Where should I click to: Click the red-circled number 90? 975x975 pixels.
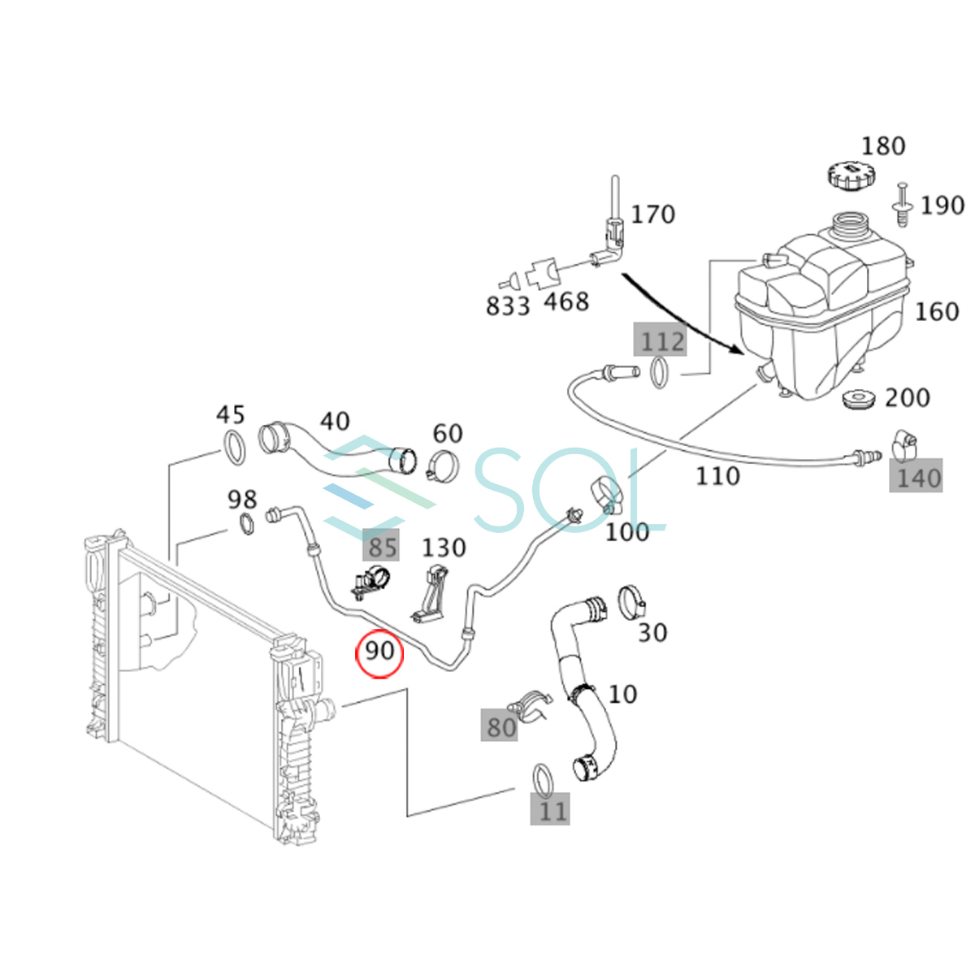(379, 652)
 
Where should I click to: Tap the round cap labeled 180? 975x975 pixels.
(847, 174)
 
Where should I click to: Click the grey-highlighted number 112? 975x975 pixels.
(661, 341)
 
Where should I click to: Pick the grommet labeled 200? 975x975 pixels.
(859, 400)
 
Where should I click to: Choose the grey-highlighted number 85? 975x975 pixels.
(382, 547)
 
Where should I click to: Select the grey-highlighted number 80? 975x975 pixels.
(500, 726)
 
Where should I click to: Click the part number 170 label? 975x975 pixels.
(652, 214)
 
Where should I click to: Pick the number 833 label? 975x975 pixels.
(508, 306)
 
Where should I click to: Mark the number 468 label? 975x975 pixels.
(565, 302)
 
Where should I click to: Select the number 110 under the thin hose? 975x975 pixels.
(717, 476)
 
